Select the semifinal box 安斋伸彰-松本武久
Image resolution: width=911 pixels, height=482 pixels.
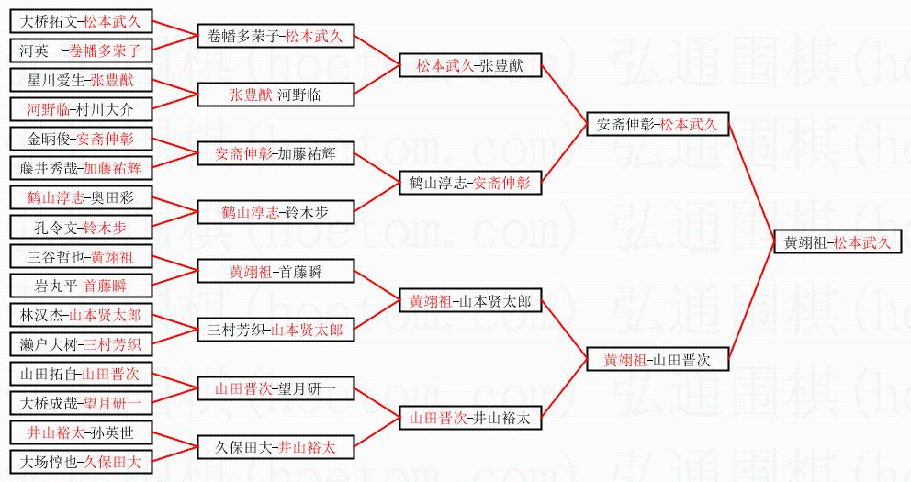[x=658, y=123]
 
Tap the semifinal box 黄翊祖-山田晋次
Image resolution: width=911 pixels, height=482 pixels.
[x=658, y=360]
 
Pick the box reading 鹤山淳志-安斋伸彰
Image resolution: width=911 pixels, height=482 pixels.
[x=470, y=183]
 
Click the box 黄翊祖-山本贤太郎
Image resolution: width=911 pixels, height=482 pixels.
[x=470, y=301]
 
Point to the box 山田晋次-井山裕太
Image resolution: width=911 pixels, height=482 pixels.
[x=470, y=419]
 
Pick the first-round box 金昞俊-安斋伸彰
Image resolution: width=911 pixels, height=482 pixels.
[x=81, y=140]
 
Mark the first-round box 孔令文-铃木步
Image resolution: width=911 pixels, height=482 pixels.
[x=81, y=227]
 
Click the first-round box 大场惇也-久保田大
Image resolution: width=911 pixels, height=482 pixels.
[x=81, y=462]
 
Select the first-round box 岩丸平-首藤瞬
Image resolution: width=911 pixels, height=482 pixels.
[x=81, y=286]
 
